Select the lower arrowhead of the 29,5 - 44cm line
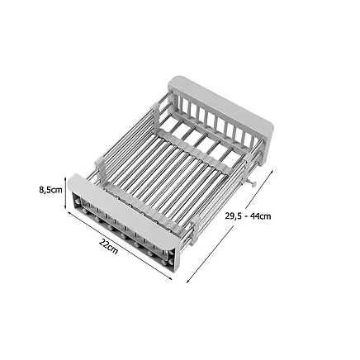190,279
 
